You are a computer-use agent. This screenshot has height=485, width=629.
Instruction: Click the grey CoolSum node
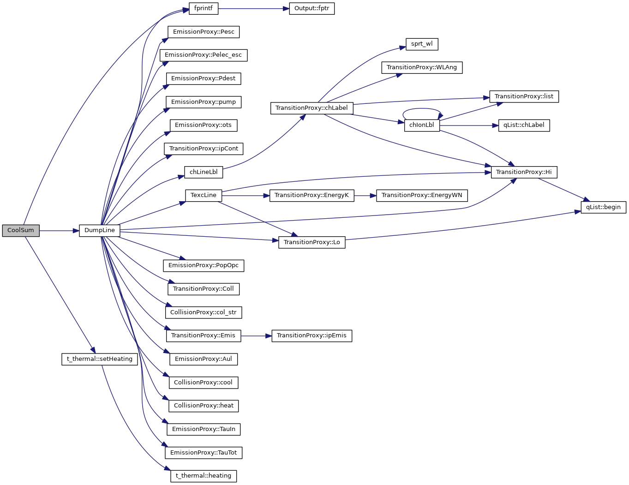(21, 230)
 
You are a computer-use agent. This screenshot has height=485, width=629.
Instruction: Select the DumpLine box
(100, 230)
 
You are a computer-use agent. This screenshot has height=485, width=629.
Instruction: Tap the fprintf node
(203, 8)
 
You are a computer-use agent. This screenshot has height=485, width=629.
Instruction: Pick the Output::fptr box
(312, 8)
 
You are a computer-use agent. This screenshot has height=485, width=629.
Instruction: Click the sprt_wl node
(422, 44)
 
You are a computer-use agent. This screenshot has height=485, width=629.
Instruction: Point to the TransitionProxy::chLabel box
(312, 108)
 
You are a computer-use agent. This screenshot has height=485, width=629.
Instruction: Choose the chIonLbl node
(422, 125)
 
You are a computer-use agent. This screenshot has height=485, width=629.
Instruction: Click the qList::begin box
(603, 207)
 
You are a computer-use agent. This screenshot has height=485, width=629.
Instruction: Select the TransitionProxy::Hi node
(524, 172)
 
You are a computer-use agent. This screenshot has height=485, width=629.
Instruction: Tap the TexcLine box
(203, 195)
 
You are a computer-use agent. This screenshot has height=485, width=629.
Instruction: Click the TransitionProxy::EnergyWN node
(422, 195)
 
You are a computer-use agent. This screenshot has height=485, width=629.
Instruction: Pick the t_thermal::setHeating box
(100, 359)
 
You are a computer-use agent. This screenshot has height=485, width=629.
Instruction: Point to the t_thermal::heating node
(203, 476)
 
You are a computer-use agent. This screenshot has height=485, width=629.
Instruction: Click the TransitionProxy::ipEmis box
(312, 335)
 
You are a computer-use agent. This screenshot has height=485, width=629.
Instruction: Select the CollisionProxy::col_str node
(203, 312)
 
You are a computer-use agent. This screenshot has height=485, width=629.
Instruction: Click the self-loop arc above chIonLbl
(422, 109)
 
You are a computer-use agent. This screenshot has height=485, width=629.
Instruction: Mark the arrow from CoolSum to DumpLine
(59, 230)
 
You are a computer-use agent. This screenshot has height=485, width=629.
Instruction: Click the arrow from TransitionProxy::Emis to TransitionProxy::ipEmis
(256, 335)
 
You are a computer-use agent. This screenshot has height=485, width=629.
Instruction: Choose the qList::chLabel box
(524, 125)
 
